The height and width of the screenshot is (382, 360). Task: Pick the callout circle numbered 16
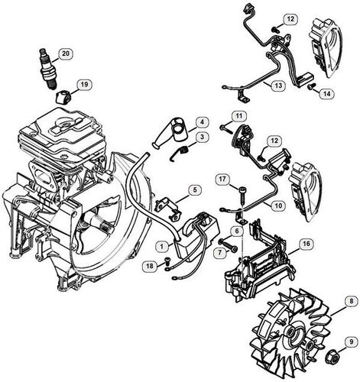[x=304, y=244]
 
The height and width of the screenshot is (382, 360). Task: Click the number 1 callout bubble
[x=163, y=246]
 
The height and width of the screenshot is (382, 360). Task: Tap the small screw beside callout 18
[x=166, y=266]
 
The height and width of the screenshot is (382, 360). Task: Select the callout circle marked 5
[x=196, y=189]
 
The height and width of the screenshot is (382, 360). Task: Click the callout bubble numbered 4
[x=202, y=122]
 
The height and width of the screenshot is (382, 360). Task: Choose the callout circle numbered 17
[x=222, y=179]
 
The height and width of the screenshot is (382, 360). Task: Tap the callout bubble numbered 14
[x=326, y=93]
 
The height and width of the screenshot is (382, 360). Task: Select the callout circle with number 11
[x=238, y=116]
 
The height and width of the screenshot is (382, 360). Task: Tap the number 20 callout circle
[x=66, y=53]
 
